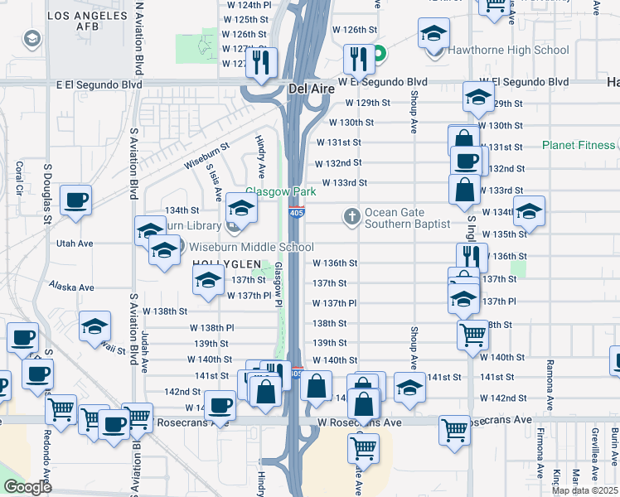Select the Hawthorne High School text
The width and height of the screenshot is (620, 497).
tap(508, 51)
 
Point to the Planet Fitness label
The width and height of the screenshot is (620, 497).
tap(579, 146)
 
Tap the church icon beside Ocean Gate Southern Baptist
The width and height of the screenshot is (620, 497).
tap(352, 217)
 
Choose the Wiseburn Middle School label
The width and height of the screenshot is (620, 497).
tap(251, 247)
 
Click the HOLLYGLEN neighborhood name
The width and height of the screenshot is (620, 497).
tap(220, 263)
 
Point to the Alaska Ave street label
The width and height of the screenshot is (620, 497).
tap(70, 287)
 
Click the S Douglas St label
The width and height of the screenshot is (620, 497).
tap(49, 198)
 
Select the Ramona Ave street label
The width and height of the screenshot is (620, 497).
tap(548, 378)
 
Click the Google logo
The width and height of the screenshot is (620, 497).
tap(27, 487)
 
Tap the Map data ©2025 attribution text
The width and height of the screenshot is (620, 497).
tap(584, 490)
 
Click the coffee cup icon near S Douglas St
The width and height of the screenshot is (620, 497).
tap(75, 202)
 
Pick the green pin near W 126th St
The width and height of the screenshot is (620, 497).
tap(379, 56)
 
